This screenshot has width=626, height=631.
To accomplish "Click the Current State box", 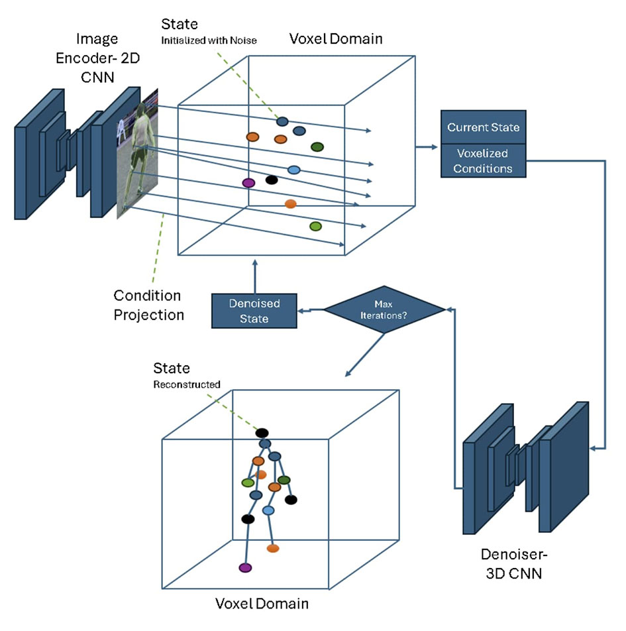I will coord(483,127).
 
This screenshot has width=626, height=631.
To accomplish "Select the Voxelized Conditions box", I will coord(483,160).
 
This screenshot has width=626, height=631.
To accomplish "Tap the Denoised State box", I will coord(254,311).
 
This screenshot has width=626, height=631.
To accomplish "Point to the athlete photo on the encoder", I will coord(136,154).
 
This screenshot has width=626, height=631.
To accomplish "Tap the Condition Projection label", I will coord(147,304).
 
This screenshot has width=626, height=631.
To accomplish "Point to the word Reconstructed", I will coord(187,384).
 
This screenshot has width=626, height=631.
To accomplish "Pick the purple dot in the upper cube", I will coord(249,182).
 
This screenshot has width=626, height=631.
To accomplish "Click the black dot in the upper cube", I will coord(270,179).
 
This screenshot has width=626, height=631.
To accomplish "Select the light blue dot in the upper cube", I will coord(294,170).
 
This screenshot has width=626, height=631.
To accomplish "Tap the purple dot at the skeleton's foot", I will coord(246,568).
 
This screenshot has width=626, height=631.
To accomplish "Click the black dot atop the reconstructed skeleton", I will coord(262,433).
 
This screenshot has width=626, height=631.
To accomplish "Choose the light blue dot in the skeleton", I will coord(268,510).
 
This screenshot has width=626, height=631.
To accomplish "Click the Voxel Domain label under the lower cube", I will coord(262,604).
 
